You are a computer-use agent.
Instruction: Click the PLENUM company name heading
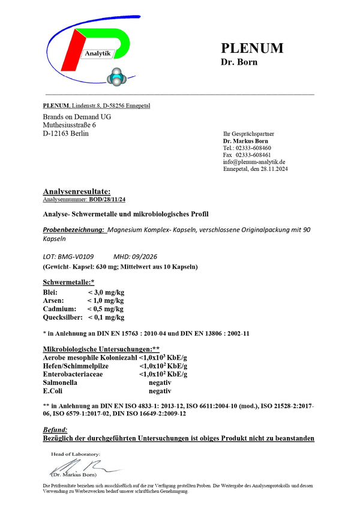(252, 48)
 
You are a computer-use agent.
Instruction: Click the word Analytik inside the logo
(98, 53)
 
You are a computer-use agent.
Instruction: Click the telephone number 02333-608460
(254, 147)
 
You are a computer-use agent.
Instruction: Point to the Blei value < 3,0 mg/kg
(106, 292)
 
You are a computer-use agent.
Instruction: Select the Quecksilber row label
(63, 317)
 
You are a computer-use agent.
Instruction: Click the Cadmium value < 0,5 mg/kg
(106, 309)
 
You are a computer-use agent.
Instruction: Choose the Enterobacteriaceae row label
(73, 374)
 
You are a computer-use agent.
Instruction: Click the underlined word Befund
(55, 430)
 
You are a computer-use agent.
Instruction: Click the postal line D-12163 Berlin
(65, 133)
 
